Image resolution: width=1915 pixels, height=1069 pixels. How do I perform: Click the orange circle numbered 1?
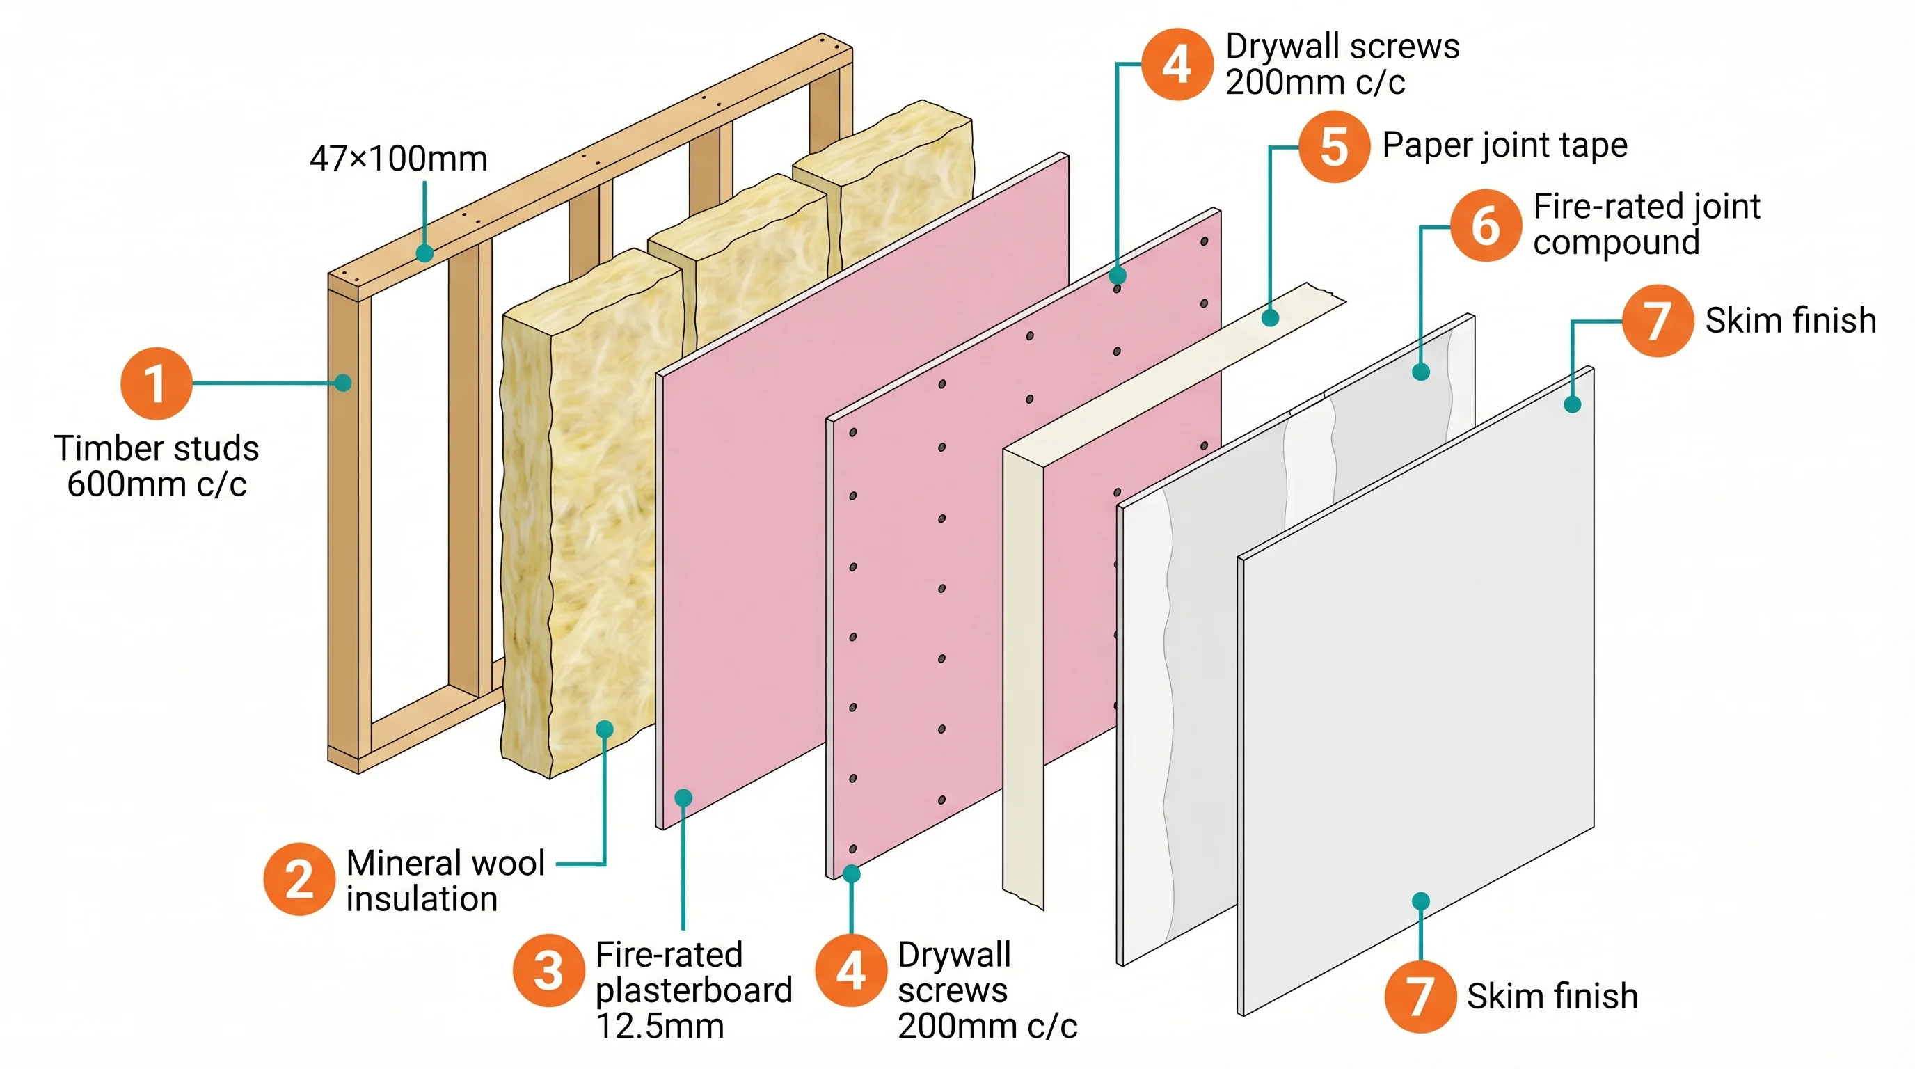[156, 383]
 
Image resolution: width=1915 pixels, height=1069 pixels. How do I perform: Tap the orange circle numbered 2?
[299, 879]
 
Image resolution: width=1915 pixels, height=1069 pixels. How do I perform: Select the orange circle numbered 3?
[548, 970]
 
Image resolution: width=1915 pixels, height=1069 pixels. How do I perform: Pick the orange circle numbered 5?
[1334, 146]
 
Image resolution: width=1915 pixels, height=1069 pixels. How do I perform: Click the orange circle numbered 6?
[1486, 225]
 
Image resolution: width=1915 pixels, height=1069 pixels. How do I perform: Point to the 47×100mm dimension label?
[399, 159]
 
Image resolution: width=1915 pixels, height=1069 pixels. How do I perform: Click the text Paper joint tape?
[1504, 145]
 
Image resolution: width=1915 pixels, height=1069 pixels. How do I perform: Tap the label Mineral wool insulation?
[445, 881]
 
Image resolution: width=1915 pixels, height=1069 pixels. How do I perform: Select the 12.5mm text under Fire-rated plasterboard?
[660, 1027]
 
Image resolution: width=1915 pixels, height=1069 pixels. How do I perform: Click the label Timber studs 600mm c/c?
[156, 466]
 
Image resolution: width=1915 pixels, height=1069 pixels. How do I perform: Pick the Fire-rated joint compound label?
[1646, 224]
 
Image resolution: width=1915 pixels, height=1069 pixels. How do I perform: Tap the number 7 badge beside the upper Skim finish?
[1657, 320]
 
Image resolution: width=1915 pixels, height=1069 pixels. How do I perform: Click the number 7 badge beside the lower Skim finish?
[1419, 996]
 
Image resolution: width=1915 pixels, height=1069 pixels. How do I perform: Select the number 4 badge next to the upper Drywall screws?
[1177, 64]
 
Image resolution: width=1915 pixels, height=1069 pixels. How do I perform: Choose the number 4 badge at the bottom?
[850, 970]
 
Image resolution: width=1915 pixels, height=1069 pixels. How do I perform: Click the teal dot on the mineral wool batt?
[605, 729]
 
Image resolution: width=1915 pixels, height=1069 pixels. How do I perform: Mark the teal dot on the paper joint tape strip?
[1271, 318]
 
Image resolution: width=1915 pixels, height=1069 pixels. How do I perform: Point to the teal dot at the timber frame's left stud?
[342, 383]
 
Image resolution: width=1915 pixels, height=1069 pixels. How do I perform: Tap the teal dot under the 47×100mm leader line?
[424, 253]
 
